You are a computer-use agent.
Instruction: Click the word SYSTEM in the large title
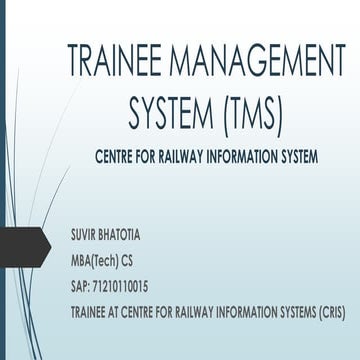click(167, 113)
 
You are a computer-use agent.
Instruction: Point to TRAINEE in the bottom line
click(89, 304)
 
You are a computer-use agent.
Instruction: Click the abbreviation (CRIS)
click(331, 304)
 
